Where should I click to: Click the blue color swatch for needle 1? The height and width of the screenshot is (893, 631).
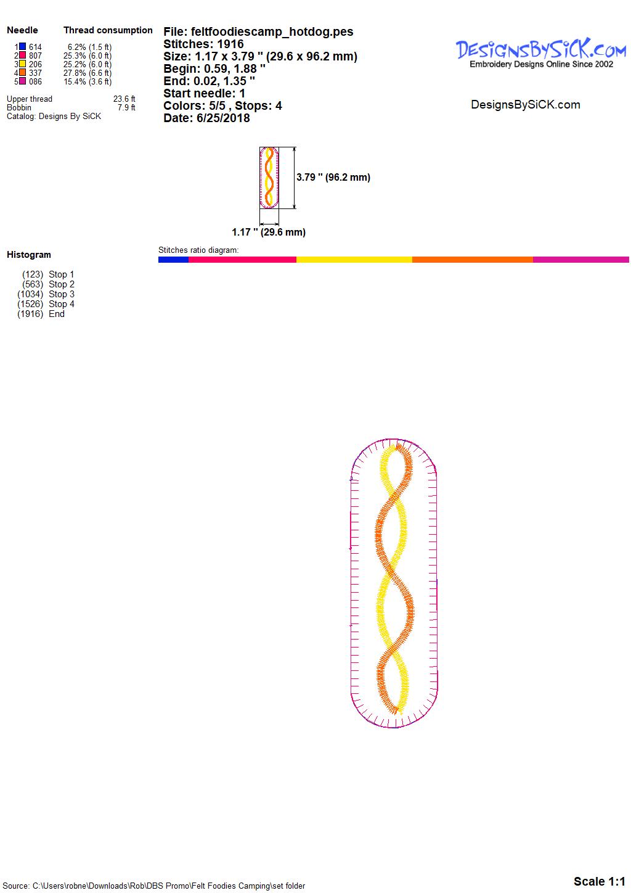(23, 47)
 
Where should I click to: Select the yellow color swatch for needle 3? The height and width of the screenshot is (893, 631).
(23, 64)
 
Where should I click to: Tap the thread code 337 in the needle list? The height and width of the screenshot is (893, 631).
(35, 73)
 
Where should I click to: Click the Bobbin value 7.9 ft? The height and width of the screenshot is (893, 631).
(126, 108)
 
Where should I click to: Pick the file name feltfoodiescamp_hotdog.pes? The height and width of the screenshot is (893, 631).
(272, 31)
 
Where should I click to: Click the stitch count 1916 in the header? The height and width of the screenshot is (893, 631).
(230, 44)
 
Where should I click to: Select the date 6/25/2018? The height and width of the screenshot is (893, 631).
(223, 118)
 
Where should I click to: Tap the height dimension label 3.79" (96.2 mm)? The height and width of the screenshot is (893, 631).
(333, 178)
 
